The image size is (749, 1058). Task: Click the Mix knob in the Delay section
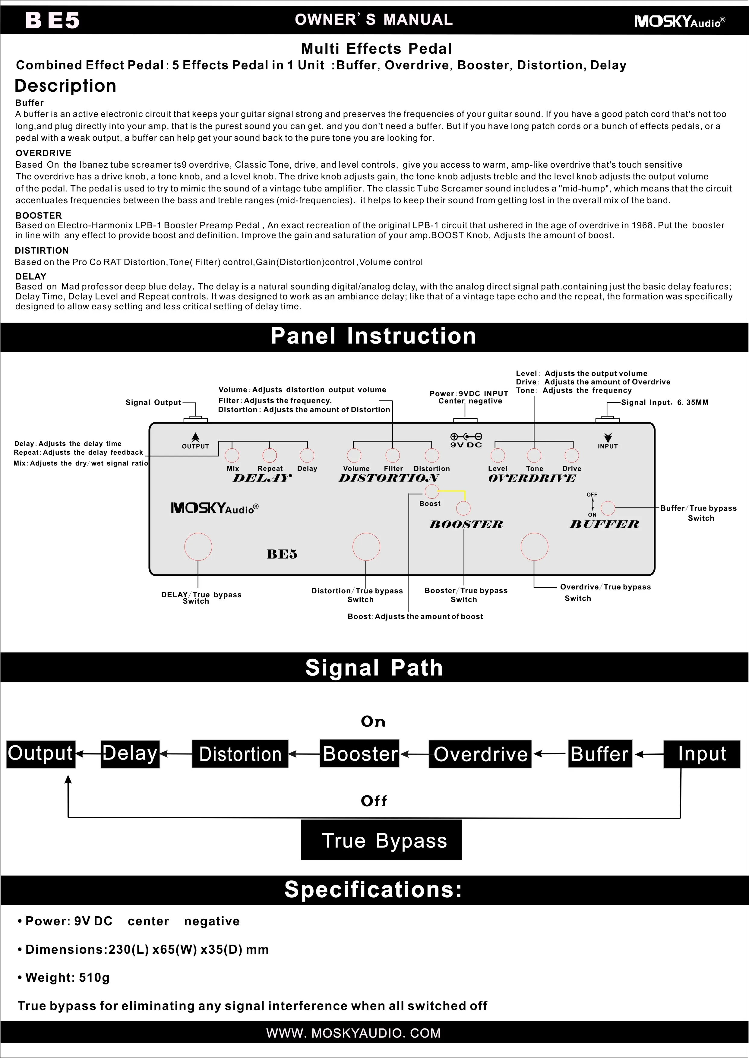[232, 455]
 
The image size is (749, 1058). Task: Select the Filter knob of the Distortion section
[393, 455]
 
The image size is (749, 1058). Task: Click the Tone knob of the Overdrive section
[534, 455]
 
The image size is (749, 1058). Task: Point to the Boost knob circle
[432, 492]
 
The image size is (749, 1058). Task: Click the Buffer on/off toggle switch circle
[608, 508]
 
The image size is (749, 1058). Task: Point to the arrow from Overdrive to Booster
[414, 754]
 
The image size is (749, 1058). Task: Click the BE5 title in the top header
[52, 20]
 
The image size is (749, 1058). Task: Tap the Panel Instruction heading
[374, 336]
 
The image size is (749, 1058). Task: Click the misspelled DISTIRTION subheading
[42, 251]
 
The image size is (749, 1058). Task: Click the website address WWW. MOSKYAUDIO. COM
[353, 1033]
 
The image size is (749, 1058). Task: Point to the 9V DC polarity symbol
[466, 436]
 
